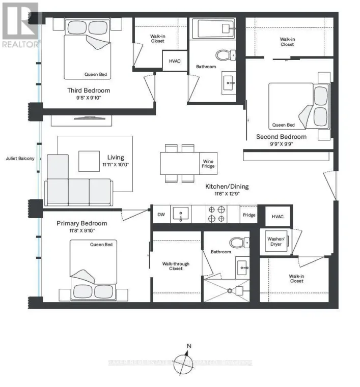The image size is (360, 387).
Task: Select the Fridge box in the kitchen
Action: click(x=249, y=215)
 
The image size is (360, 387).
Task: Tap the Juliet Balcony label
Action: click(x=20, y=159)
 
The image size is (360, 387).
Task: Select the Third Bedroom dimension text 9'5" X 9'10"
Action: click(x=89, y=98)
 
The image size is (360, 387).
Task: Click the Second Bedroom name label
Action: click(x=281, y=137)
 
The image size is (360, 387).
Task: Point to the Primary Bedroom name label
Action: click(x=82, y=223)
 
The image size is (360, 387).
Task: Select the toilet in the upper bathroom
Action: click(x=224, y=54)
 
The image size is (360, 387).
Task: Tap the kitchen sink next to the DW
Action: click(x=180, y=214)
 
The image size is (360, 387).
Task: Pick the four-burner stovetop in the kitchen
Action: click(x=216, y=214)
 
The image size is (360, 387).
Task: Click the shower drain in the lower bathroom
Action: click(x=230, y=291)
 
